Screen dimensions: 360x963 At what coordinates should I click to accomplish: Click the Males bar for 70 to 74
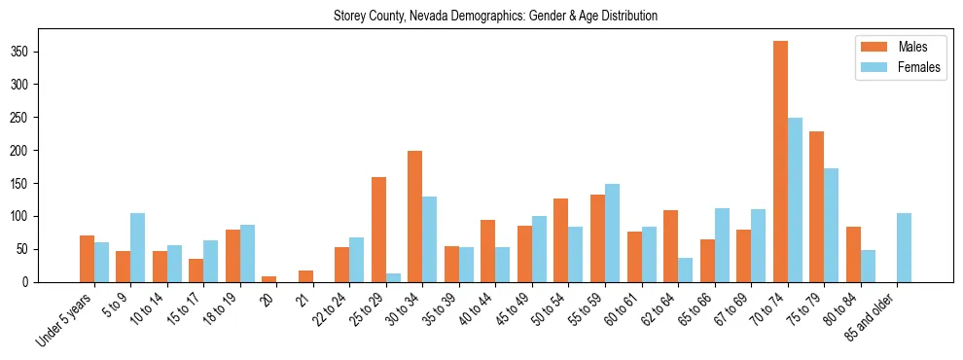[780, 162]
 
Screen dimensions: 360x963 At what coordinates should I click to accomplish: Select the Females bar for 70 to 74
[795, 199]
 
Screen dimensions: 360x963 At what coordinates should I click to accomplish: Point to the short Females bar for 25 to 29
[393, 277]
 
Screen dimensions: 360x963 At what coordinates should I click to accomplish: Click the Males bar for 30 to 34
[414, 216]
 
